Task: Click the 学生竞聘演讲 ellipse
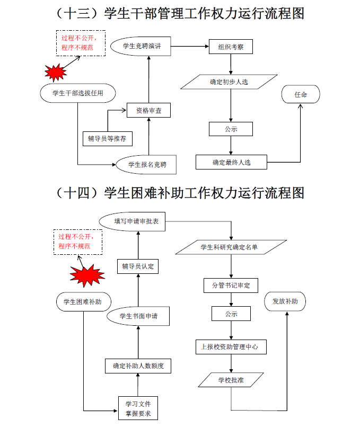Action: [x=142, y=47]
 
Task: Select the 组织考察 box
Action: [x=231, y=47]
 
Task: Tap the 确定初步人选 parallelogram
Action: [x=229, y=82]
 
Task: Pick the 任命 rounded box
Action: [x=301, y=95]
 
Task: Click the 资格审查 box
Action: [x=148, y=111]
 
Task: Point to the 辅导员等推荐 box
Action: [x=108, y=139]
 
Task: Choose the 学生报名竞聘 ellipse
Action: [x=147, y=165]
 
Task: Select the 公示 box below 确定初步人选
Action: [x=231, y=129]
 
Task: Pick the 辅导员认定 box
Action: [x=137, y=266]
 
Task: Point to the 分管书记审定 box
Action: [x=231, y=286]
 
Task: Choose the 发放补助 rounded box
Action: [x=286, y=301]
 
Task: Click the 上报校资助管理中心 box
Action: [x=231, y=347]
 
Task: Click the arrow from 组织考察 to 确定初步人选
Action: [x=231, y=64]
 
